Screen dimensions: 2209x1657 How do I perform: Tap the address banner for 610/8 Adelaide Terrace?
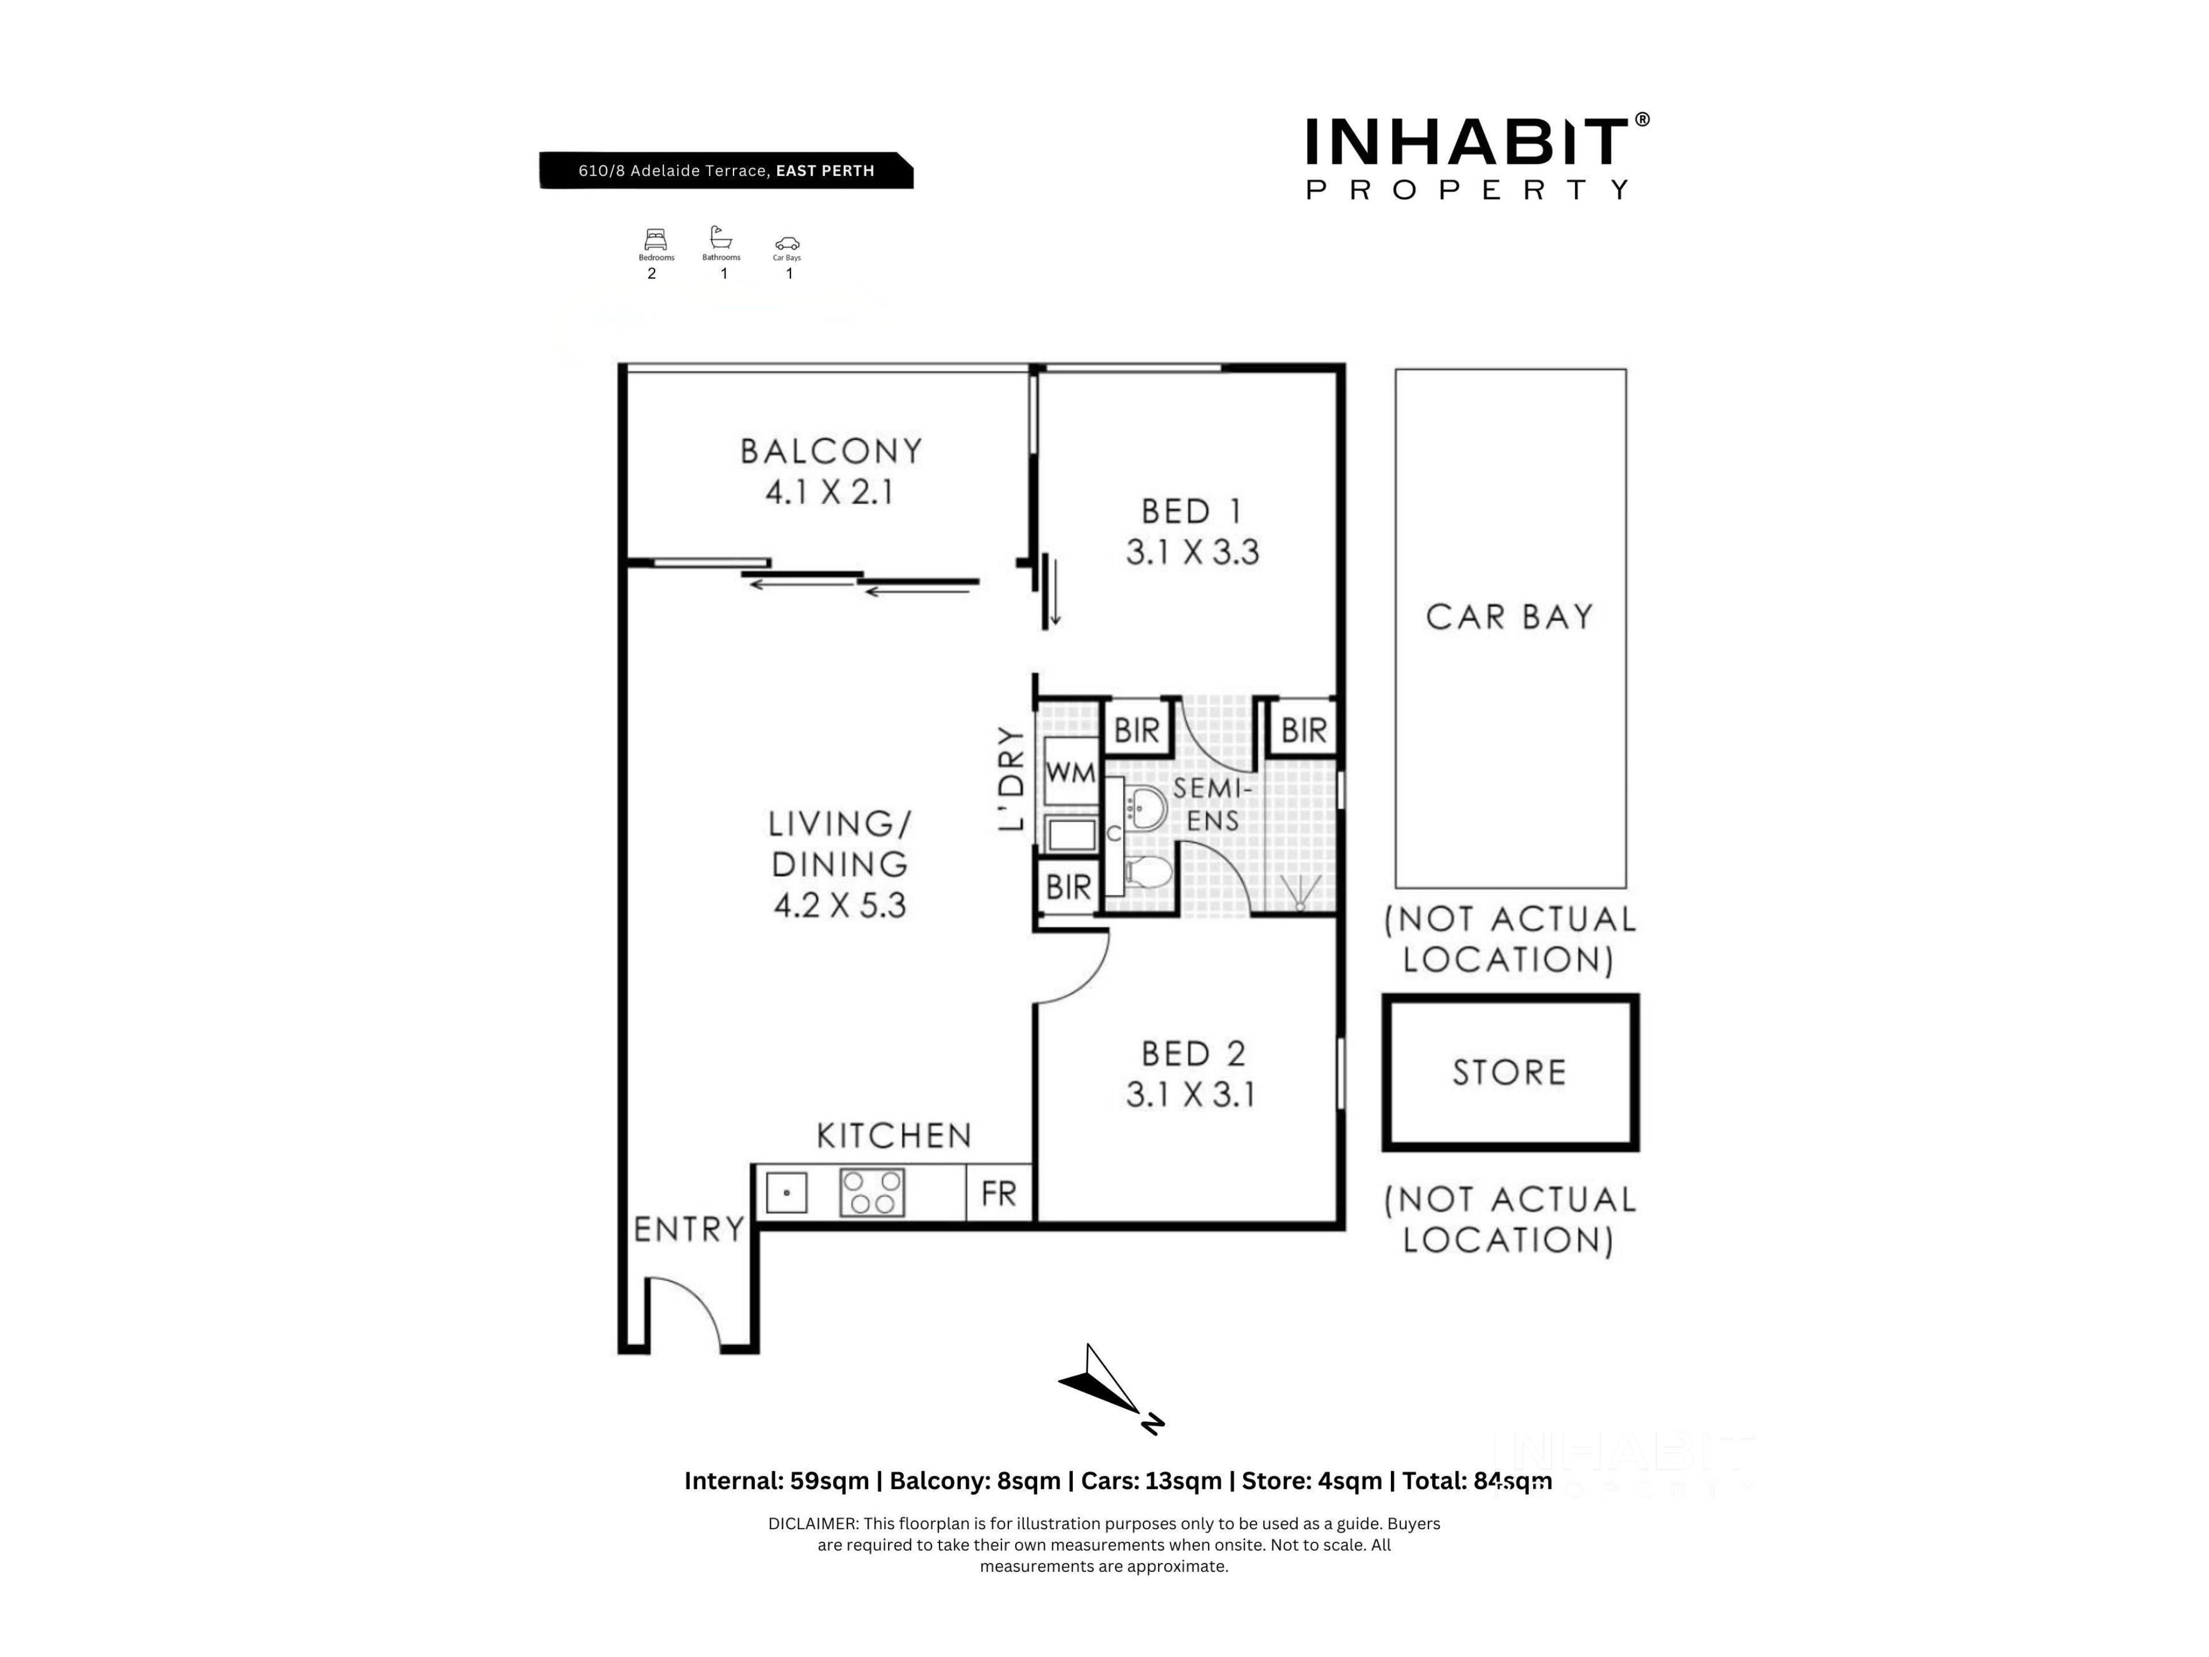[x=726, y=170]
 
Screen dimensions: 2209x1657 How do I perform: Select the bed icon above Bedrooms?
[x=655, y=240]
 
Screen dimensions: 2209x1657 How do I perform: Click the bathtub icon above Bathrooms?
[x=720, y=238]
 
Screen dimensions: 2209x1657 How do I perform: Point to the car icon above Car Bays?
[x=787, y=244]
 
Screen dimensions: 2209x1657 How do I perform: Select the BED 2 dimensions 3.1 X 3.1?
[x=1190, y=1095]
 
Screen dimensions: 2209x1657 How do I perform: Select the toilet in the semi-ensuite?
[x=1148, y=873]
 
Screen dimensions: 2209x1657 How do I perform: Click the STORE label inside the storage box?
[x=1509, y=1072]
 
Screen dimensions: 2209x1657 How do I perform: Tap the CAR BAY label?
[x=1509, y=616]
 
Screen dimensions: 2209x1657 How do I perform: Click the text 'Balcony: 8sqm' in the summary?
[x=974, y=1480]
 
